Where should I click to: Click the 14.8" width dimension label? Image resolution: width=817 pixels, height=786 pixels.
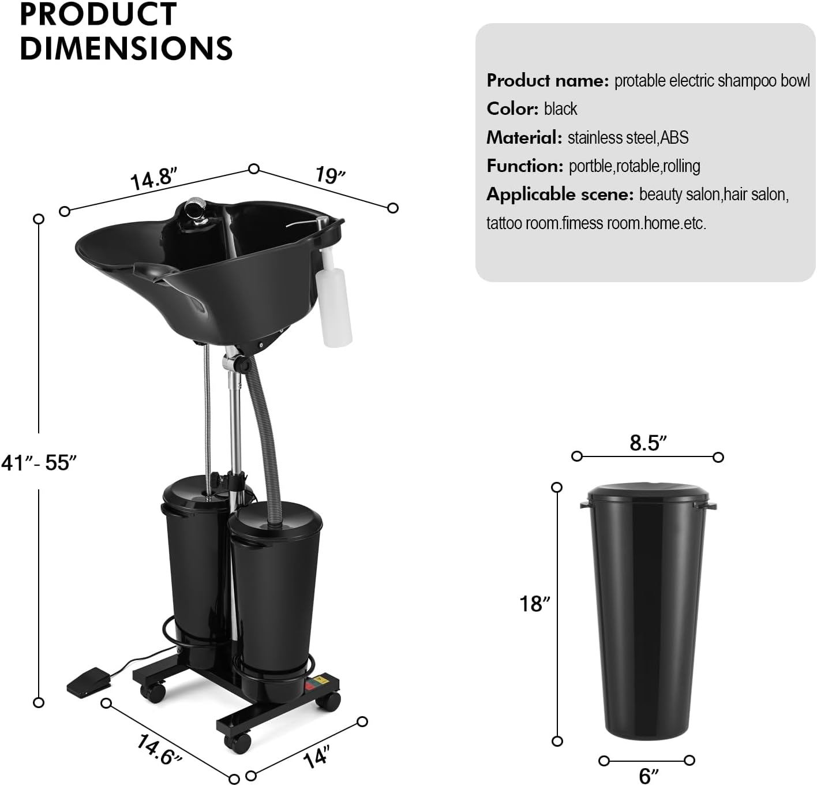click(x=153, y=178)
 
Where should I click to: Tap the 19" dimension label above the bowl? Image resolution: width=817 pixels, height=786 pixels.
click(x=330, y=175)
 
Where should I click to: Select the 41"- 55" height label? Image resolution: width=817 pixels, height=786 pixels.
click(x=39, y=462)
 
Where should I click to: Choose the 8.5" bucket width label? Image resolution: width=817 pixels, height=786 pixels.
click(x=648, y=443)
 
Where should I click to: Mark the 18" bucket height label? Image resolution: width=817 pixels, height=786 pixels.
click(x=535, y=604)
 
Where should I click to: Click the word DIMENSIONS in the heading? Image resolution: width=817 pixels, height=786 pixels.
click(x=126, y=48)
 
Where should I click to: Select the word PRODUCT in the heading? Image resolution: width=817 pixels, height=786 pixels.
click(x=98, y=14)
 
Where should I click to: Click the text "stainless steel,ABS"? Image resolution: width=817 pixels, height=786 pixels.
click(x=628, y=137)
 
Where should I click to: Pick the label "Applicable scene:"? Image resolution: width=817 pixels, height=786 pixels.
click(x=560, y=194)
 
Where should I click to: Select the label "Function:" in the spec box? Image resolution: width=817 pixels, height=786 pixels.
click(x=524, y=166)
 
